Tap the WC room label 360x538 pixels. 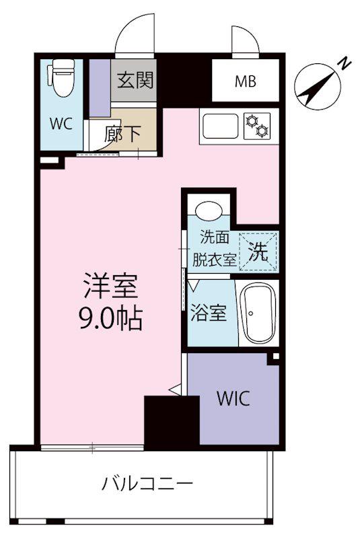coord(61,124)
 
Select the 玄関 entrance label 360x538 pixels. coord(135,80)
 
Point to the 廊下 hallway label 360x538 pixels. coord(122,134)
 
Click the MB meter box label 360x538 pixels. coord(246,81)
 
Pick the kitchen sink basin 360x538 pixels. coord(221,126)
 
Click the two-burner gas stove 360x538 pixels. coord(256,126)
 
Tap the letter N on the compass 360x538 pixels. coord(345,64)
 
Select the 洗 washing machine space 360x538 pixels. coord(259,252)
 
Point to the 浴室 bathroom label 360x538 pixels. coord(209,313)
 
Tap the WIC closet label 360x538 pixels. coord(233,398)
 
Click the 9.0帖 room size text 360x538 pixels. coord(111,319)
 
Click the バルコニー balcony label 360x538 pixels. coord(148,484)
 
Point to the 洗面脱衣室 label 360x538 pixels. coord(214,248)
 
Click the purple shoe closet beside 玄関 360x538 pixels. coord(100,88)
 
